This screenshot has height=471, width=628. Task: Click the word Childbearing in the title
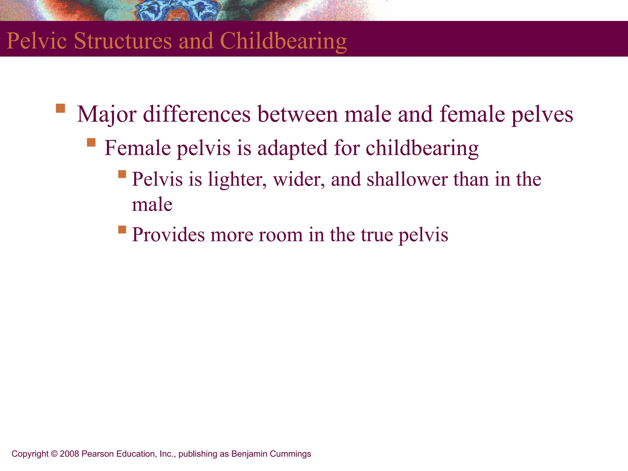[283, 41]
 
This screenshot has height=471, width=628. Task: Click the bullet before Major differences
[60, 109]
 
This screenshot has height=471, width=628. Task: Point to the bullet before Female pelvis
[91, 143]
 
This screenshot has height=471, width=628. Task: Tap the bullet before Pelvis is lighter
[122, 174]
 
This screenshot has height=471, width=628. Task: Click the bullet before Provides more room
[122, 229]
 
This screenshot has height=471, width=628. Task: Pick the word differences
[197, 114]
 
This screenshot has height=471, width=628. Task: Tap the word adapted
[292, 148]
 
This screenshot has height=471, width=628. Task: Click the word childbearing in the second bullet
[422, 148]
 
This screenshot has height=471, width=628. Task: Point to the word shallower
[407, 179]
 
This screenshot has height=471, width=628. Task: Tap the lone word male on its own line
[152, 205]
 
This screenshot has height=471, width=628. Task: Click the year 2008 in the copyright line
[69, 454]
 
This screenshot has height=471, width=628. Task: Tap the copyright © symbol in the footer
[54, 454]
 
